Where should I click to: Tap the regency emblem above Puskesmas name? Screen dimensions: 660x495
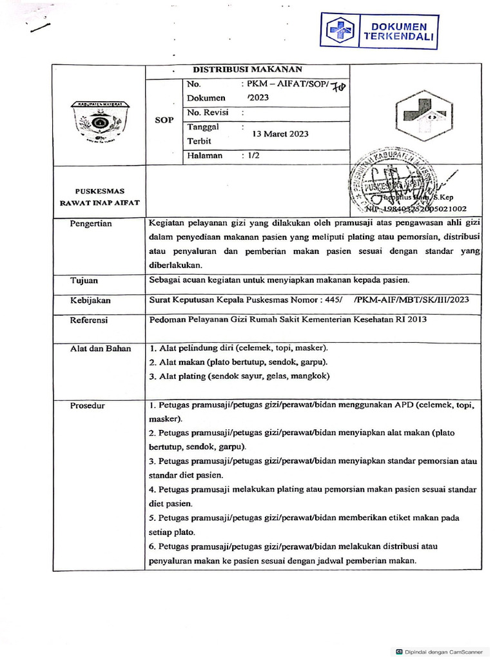click(x=99, y=121)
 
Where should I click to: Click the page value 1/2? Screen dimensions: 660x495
click(x=249, y=155)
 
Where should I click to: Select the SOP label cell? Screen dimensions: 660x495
click(x=164, y=120)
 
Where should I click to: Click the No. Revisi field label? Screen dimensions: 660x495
click(x=208, y=112)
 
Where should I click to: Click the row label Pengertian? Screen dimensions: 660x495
click(x=91, y=224)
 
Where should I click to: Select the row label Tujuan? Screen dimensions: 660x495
click(x=84, y=280)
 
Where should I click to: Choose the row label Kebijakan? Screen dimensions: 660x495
click(x=90, y=300)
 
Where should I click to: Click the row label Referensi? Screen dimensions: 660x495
click(x=89, y=320)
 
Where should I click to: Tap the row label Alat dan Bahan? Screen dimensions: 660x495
click(x=101, y=349)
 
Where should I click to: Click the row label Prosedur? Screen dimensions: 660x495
click(x=88, y=405)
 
